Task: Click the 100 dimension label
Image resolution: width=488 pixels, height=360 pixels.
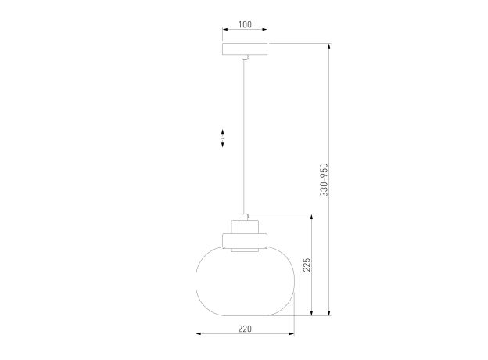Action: click(245, 24)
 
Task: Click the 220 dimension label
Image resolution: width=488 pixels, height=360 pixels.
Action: click(245, 329)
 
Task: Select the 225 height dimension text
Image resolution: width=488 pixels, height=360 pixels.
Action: click(307, 265)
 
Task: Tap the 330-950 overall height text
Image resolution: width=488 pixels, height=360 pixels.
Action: click(325, 180)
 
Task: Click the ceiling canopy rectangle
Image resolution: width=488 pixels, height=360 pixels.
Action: click(245, 49)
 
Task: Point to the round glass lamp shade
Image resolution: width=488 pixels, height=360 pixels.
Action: click(245, 281)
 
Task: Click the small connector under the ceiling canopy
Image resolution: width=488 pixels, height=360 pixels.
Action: click(246, 57)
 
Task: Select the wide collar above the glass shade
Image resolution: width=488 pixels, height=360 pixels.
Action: click(245, 240)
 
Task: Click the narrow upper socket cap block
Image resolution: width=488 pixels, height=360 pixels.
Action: click(245, 227)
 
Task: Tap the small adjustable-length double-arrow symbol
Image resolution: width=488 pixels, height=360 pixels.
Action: click(223, 138)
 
